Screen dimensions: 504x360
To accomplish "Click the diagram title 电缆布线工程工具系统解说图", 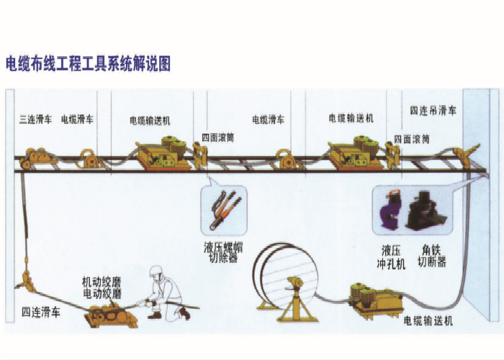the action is tap(88, 63).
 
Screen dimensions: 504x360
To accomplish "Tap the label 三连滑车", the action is tap(36, 120).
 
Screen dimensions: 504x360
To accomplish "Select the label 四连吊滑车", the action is tap(433, 111).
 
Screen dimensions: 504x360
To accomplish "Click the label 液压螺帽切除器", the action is tap(223, 252).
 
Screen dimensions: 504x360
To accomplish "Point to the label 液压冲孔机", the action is tap(391, 257).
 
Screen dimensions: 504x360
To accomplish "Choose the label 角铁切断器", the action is tap(432, 256).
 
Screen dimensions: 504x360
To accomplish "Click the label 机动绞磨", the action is tap(102, 282).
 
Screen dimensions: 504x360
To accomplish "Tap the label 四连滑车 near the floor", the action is tap(41, 312).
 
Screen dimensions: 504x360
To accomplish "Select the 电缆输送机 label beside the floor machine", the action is tap(428, 320).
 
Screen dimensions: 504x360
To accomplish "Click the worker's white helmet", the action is tap(156, 271).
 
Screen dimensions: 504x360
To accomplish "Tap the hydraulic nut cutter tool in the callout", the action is tap(224, 210).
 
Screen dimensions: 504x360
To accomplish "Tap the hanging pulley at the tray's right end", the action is tap(466, 155).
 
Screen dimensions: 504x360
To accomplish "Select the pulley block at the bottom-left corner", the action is tap(27, 282).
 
